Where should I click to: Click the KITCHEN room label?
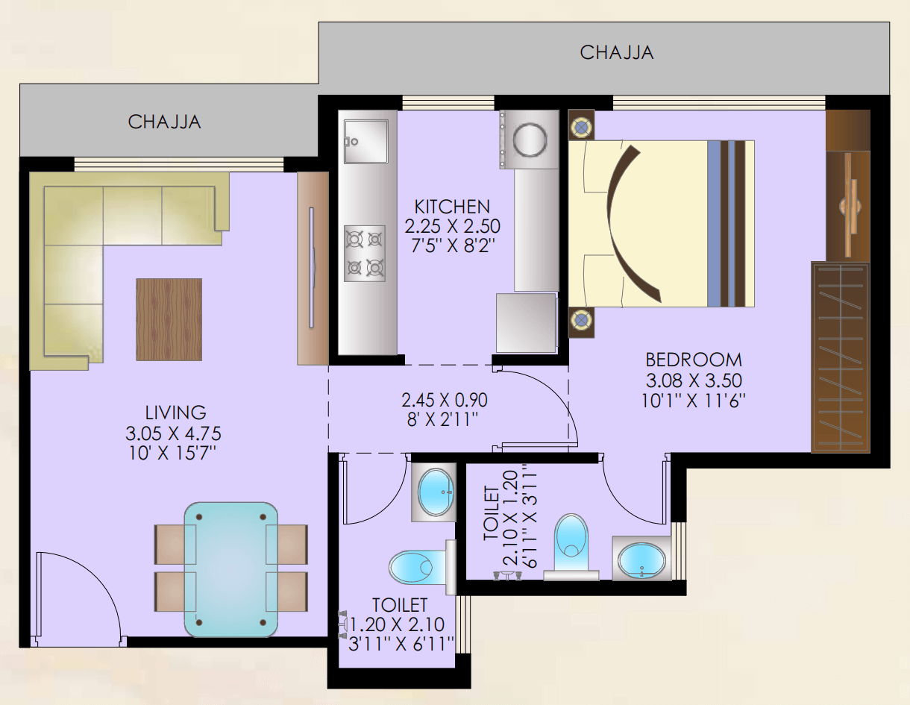pos(452,207)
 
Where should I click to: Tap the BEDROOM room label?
pos(694,360)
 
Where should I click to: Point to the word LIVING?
pos(175,413)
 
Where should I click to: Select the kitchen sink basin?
pos(365,141)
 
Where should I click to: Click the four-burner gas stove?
pos(365,254)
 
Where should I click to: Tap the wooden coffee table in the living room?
pos(169,319)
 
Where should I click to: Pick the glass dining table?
pos(230,570)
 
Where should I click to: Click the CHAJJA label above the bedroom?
pos(616,53)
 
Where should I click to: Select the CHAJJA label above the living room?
pos(164,122)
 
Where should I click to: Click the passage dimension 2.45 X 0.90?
pos(445,400)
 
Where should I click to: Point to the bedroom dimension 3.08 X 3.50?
pos(694,380)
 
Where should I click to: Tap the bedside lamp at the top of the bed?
pos(581,125)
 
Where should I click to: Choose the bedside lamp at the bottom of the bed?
pos(581,322)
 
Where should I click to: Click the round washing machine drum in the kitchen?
pos(530,140)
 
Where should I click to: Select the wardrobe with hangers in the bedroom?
pos(841,357)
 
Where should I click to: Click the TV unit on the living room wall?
pos(313,269)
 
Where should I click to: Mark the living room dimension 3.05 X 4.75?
pos(173,433)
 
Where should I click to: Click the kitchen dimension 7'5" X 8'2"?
pos(452,246)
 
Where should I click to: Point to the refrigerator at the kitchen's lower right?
pos(527,323)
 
